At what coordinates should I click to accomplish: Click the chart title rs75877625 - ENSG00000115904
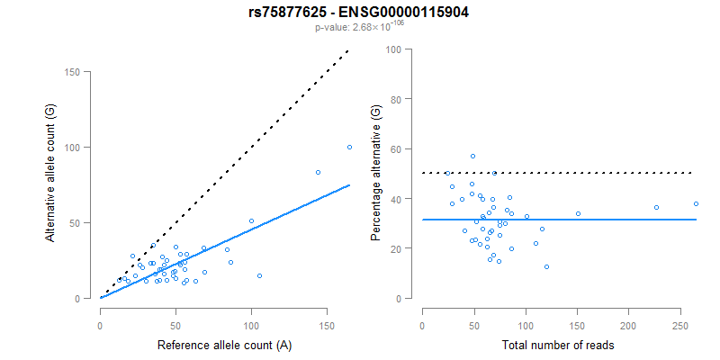pos(359,13)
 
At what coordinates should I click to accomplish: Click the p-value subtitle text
pos(359,27)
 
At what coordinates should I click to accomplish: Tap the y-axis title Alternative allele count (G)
pos(51,185)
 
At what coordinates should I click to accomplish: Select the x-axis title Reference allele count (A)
pos(224,345)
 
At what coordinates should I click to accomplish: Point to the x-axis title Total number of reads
pos(559,345)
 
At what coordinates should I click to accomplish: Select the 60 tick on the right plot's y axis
pos(394,148)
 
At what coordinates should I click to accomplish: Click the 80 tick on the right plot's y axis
pos(394,99)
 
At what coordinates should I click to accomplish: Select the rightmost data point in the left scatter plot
pos(349,148)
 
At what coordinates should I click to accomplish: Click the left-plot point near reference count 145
pos(318,172)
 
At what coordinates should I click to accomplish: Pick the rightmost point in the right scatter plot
pos(696,203)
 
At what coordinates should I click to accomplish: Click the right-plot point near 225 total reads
pos(656,207)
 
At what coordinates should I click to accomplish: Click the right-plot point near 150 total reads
pos(578,213)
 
